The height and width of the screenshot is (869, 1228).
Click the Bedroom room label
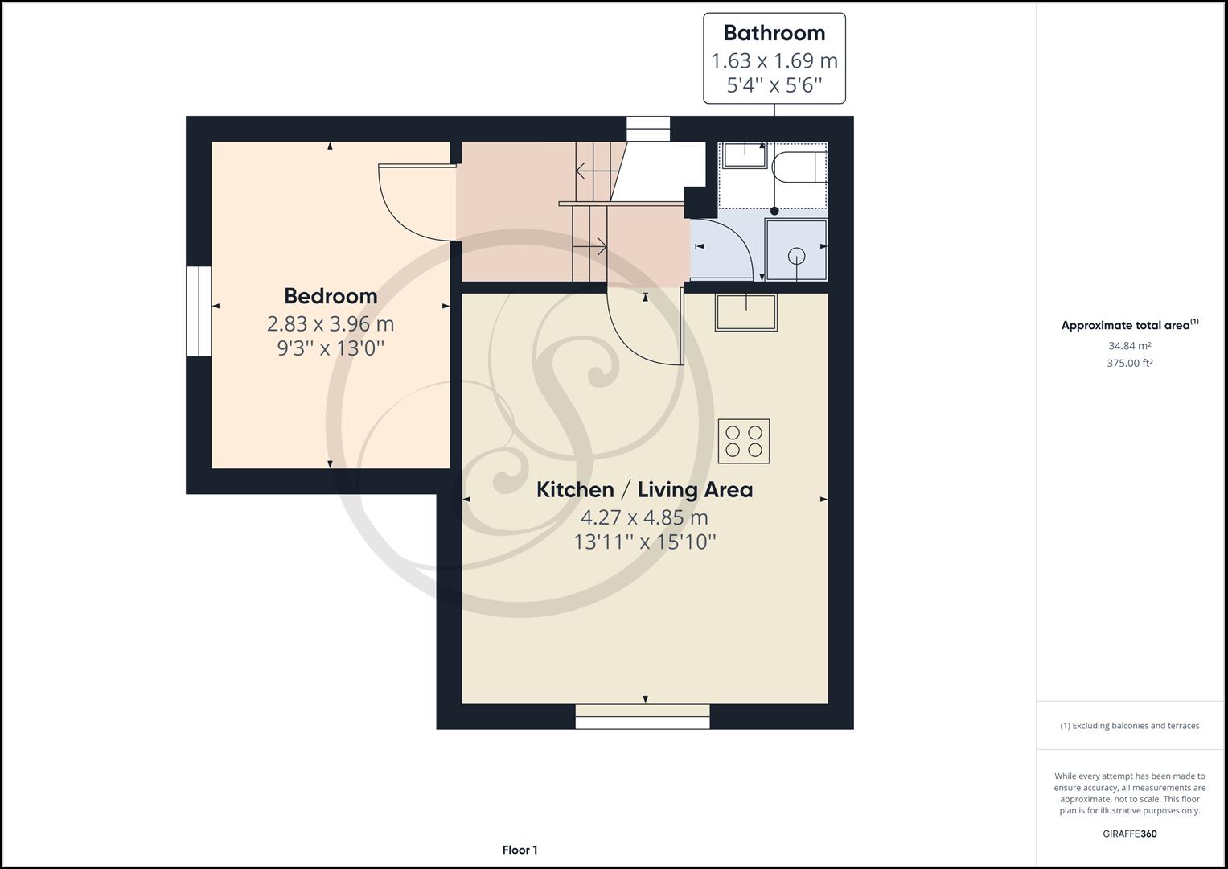(x=331, y=296)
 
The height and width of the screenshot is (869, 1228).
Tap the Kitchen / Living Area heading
(x=644, y=490)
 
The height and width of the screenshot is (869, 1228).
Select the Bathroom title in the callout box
(x=774, y=33)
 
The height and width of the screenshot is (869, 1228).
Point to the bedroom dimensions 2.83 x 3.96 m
(x=331, y=324)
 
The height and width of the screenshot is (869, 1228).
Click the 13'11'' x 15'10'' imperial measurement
(x=644, y=542)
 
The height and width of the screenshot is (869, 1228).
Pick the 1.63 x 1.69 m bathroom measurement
(x=774, y=60)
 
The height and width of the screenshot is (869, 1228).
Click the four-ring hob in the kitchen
(x=744, y=441)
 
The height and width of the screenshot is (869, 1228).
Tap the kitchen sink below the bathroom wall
(x=746, y=312)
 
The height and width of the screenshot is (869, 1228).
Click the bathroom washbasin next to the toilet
(x=744, y=154)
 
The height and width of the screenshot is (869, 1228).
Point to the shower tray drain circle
(x=796, y=257)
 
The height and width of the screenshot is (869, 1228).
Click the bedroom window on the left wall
(x=198, y=311)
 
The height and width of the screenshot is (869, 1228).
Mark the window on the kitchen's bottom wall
(x=643, y=716)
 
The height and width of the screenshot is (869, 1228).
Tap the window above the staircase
(x=648, y=129)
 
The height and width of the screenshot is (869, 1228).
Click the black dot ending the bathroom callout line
(x=774, y=211)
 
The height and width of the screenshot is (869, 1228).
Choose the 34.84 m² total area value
(x=1129, y=346)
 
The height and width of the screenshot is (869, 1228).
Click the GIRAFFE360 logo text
(x=1129, y=834)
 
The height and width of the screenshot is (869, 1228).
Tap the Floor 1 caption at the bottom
(x=520, y=850)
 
